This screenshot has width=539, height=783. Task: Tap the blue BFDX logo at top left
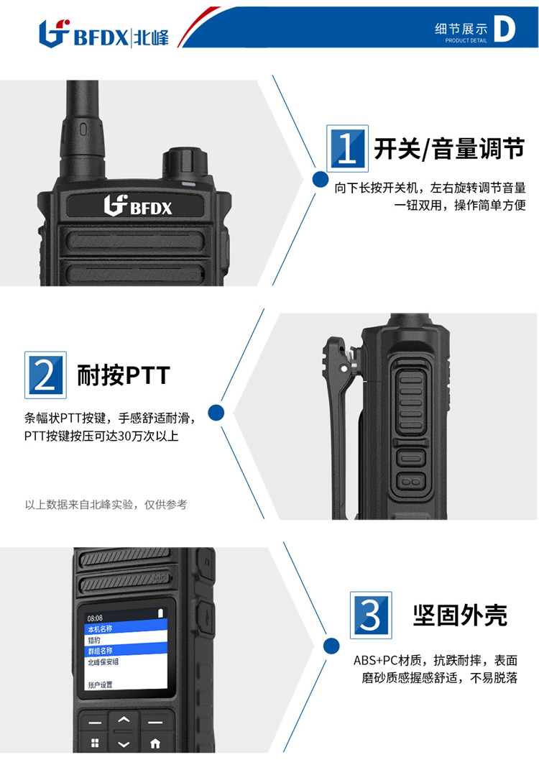(103, 34)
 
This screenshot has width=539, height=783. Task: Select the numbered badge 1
(347, 148)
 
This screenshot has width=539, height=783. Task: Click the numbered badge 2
(45, 375)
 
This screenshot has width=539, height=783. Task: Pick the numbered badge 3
(371, 615)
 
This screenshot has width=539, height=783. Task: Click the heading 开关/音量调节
(450, 149)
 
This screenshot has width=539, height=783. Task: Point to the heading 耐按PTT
(124, 375)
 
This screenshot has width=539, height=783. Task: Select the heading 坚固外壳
(460, 615)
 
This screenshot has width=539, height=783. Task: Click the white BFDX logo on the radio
(138, 205)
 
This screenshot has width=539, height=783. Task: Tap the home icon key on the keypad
(155, 743)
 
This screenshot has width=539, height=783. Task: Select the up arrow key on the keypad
(124, 720)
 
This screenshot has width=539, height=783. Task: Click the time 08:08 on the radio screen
(95, 618)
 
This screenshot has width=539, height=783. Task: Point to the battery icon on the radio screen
(161, 613)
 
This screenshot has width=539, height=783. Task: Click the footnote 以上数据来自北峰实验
(79, 505)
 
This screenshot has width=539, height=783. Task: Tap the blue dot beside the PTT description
(216, 413)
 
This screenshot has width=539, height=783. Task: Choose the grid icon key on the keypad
(95, 743)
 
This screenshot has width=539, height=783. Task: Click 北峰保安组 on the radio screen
(103, 662)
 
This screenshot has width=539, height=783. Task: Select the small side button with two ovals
(411, 482)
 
